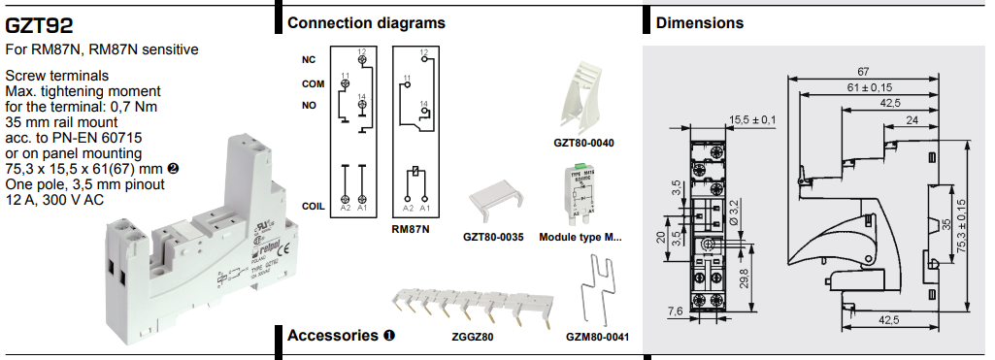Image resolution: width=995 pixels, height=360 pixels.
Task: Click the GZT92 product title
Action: (x=39, y=24)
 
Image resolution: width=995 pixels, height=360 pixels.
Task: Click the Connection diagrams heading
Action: (x=366, y=22)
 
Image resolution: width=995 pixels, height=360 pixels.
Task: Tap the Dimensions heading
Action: (x=700, y=22)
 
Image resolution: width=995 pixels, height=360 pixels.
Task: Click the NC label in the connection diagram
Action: (x=309, y=59)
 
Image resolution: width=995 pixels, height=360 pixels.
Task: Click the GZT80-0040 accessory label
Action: (x=583, y=143)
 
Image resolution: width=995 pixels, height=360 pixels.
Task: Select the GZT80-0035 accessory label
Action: (x=493, y=236)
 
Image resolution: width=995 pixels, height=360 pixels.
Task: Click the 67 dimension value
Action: (x=863, y=72)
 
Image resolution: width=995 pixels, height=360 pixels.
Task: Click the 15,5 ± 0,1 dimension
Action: (x=753, y=119)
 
